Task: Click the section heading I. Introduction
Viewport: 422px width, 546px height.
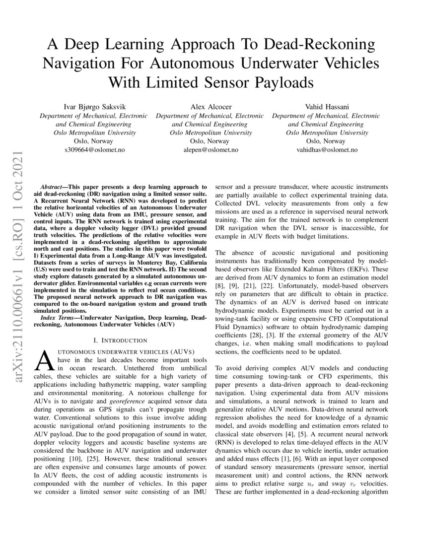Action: coord(121,341)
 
